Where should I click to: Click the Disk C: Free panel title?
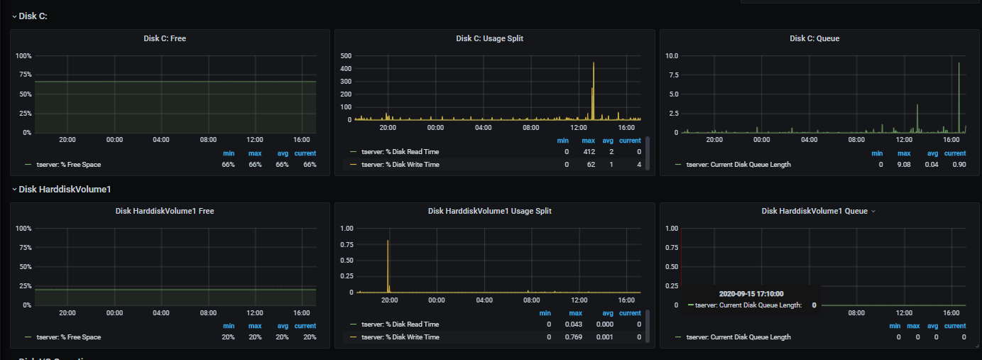pyautogui.click(x=165, y=38)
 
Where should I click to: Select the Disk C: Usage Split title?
pyautogui.click(x=489, y=38)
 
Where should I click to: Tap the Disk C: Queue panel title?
pyautogui.click(x=814, y=38)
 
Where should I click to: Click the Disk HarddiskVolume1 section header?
pyautogui.click(x=65, y=190)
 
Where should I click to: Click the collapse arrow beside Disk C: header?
pyautogui.click(x=14, y=16)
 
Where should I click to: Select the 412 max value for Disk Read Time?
pyautogui.click(x=589, y=152)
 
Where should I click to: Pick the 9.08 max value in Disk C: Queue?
pyautogui.click(x=903, y=165)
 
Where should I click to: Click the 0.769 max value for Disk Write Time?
pyautogui.click(x=574, y=337)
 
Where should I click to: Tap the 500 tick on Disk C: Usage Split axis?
pyautogui.click(x=346, y=55)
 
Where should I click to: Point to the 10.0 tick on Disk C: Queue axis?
pyautogui.click(x=672, y=55)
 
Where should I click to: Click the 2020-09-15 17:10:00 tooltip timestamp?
pyautogui.click(x=751, y=294)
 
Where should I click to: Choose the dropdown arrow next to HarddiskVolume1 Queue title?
pyautogui.click(x=873, y=212)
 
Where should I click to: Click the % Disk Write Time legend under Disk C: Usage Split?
pyautogui.click(x=400, y=165)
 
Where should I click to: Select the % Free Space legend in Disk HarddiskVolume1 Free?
pyautogui.click(x=68, y=337)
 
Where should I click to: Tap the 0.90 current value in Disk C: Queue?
pyautogui.click(x=959, y=165)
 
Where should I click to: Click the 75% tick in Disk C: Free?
pyautogui.click(x=26, y=75)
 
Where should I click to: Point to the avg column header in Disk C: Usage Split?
pyautogui.click(x=608, y=141)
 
